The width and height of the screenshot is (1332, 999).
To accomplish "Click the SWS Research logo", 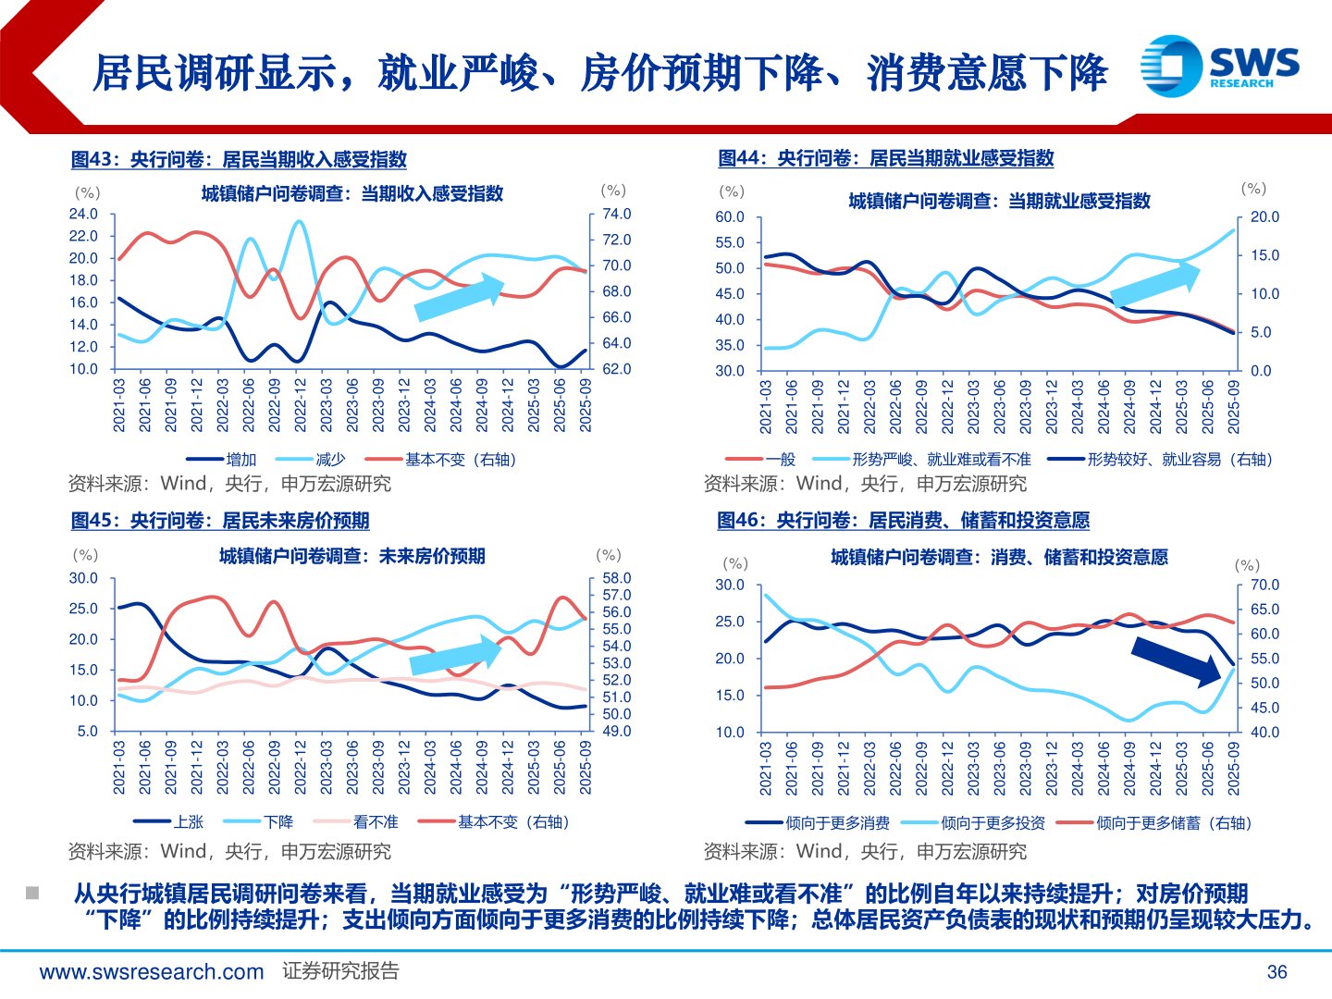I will [x=1219, y=66].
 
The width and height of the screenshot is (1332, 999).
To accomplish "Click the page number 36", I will [x=1276, y=972].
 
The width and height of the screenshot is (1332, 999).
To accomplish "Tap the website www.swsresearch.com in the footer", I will [x=152, y=972].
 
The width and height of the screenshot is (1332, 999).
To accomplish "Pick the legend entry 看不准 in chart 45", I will [x=376, y=822].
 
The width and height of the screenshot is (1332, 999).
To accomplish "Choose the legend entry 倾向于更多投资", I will [x=993, y=823].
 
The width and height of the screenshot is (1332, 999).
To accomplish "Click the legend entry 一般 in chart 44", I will [x=780, y=460].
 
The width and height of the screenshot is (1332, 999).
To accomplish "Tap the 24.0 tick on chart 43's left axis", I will [x=83, y=214].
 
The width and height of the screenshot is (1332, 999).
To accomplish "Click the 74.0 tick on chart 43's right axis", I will [x=616, y=214].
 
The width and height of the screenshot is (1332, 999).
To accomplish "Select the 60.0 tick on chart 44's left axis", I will [x=730, y=217].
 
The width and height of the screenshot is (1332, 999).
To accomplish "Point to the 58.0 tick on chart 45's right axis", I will [x=616, y=578].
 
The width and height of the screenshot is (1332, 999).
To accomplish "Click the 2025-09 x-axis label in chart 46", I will [x=1233, y=768].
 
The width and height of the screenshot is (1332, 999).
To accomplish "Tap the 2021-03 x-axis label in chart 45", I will [x=119, y=767].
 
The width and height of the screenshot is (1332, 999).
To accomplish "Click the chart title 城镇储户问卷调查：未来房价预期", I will [x=351, y=556].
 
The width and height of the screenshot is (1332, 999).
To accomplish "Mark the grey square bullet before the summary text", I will [x=32, y=894].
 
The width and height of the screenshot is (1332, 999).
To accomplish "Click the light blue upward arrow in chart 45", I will [x=455, y=656].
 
